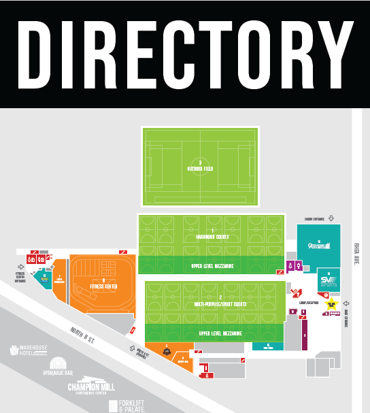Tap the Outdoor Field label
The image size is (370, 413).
click(x=200, y=167)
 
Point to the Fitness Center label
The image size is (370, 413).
click(x=103, y=285)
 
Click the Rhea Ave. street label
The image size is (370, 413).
click(x=357, y=252)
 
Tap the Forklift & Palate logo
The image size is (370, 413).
click(x=126, y=406)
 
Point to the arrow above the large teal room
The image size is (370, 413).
click(x=331, y=218)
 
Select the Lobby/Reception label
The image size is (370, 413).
click(x=307, y=303)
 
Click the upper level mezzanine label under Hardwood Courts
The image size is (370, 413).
click(x=212, y=266)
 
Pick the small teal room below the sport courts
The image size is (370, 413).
click(x=268, y=346)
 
